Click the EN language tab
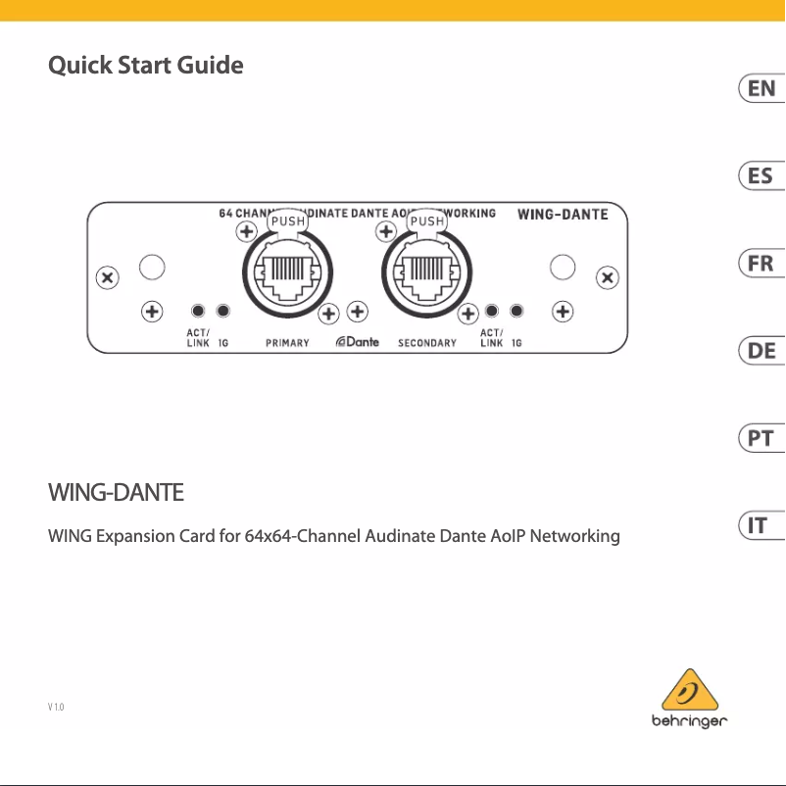[761, 89]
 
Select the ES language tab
[761, 176]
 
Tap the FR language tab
[761, 264]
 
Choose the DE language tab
[761, 351]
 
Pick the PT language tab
[761, 438]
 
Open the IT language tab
[761, 525]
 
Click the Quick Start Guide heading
[145, 66]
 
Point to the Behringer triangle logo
[690, 690]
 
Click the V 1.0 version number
[56, 707]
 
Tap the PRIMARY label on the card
[287, 343]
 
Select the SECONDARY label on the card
[427, 343]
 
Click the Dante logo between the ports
[358, 342]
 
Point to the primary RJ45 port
[287, 272]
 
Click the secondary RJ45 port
[426, 272]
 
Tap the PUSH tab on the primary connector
[288, 221]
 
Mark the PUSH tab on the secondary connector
[427, 221]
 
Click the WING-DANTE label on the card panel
[563, 215]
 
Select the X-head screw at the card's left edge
[107, 277]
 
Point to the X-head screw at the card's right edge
[608, 277]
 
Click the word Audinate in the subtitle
[400, 536]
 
